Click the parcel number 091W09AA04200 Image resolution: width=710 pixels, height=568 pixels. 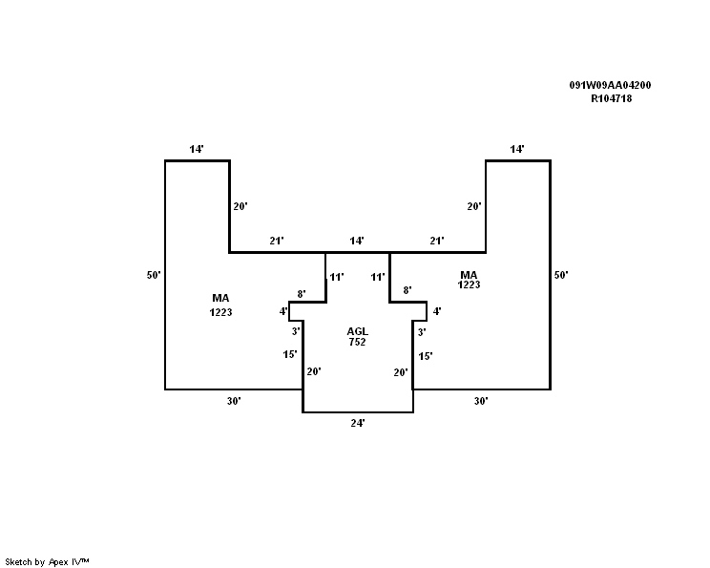pos(610,85)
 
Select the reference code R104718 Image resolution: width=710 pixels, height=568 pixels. pos(611,98)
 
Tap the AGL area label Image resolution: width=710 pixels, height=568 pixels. pos(357,331)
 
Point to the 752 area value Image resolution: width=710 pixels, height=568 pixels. pos(357,342)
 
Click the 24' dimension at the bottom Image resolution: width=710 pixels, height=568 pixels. pos(358,423)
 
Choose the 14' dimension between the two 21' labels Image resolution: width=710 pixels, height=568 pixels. pos(357,241)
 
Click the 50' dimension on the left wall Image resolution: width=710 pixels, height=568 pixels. pos(154,275)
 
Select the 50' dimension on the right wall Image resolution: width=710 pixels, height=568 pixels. pos(561,275)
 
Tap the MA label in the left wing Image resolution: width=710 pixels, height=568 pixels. pos(220,298)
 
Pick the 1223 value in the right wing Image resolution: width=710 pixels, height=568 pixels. pos(469,284)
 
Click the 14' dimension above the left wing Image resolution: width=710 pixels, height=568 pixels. pos(197,149)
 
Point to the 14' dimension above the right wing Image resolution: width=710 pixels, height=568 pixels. pos(517,149)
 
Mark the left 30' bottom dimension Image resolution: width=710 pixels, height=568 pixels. pos(234,401)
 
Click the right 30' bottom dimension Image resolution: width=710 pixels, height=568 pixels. pos(481,401)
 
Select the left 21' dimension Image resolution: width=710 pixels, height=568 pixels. pos(277,241)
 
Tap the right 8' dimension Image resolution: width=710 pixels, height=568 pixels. pos(407,290)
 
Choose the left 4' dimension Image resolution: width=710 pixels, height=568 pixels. pos(283,311)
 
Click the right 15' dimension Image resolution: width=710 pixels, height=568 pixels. pos(426,356)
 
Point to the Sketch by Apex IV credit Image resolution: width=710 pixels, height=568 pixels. pos(47,562)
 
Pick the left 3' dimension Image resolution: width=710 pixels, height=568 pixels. pos(296,331)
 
